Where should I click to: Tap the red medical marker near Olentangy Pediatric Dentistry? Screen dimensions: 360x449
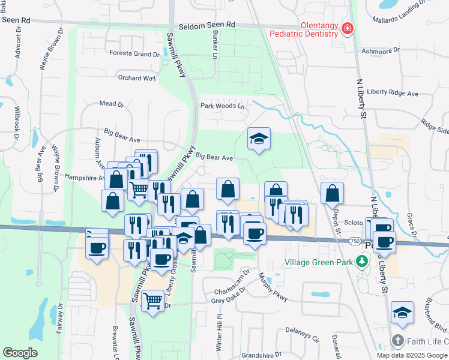pos(347,29)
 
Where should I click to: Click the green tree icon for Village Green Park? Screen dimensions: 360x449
pos(361,262)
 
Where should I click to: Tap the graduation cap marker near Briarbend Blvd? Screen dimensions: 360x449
pos(402,313)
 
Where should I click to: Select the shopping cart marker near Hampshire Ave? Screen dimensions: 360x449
pos(139,190)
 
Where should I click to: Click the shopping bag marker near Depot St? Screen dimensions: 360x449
pos(332,193)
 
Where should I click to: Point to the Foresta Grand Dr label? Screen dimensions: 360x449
pos(134,53)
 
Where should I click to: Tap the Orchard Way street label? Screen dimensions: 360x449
pos(137,78)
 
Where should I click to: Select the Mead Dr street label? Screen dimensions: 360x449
pos(111,104)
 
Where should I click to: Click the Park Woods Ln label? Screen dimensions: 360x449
pos(223,106)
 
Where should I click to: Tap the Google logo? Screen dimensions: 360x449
pos(20,352)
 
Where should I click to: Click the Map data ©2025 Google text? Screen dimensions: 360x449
pos(412,355)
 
